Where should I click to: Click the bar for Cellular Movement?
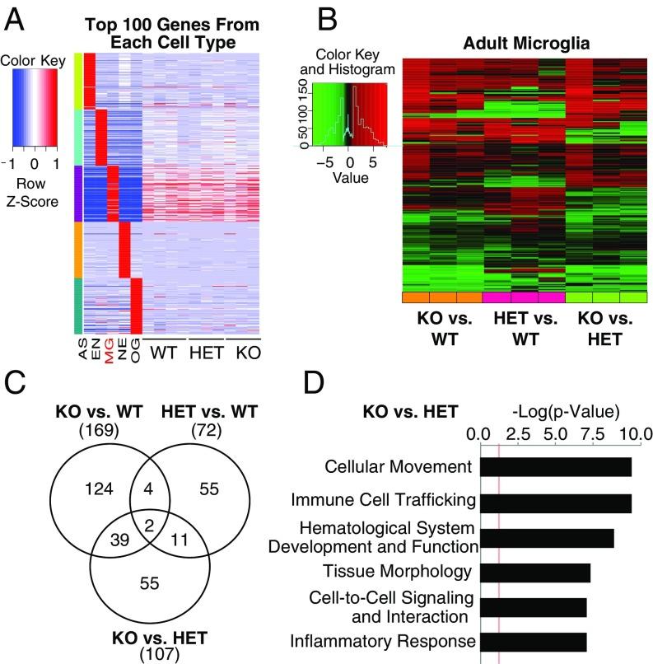tap(555, 466)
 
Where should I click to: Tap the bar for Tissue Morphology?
tap(534, 572)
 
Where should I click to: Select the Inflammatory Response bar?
tap(533, 641)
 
